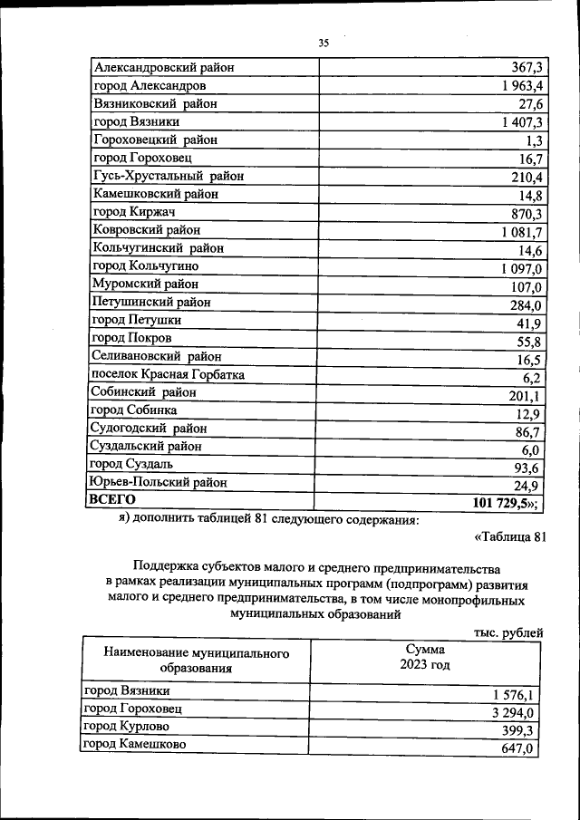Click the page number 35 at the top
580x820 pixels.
(324, 43)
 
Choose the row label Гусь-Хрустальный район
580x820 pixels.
(168, 176)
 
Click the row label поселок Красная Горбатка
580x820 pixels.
(168, 374)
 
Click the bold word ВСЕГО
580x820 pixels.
(111, 499)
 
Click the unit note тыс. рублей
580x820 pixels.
(508, 632)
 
